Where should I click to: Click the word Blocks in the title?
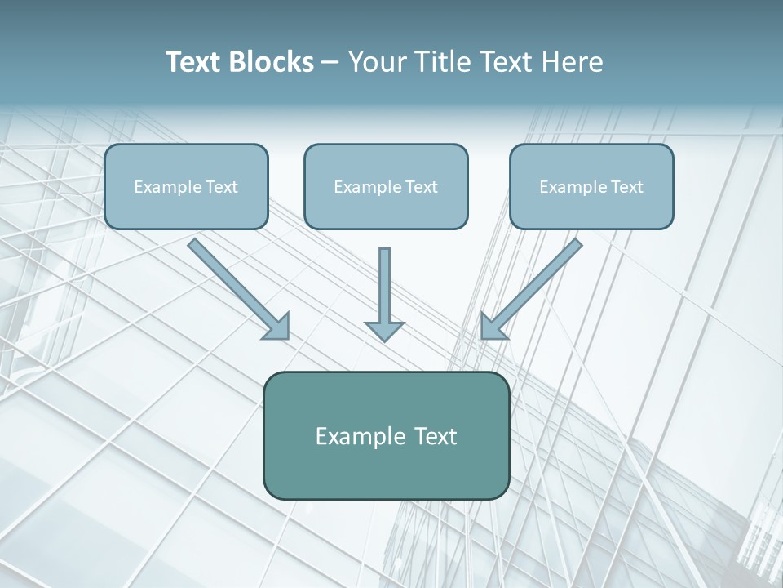pyautogui.click(x=272, y=62)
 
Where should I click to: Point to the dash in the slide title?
pyautogui.click(x=330, y=63)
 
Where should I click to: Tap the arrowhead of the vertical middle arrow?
pyautogui.click(x=384, y=330)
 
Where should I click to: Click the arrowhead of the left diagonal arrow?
pyautogui.click(x=277, y=326)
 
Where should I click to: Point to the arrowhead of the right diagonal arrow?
pyautogui.click(x=492, y=326)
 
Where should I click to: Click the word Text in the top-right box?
pyautogui.click(x=627, y=187)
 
